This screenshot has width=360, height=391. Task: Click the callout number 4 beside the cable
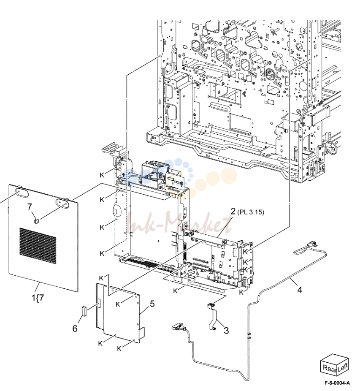pos(299,290)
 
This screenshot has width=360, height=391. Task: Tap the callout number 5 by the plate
pos(152,304)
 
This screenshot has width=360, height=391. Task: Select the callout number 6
pos(75,329)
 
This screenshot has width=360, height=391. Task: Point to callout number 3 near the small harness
pos(226,330)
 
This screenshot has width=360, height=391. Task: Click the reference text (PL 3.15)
pos(250,212)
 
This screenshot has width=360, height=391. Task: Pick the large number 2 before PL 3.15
pos(233,212)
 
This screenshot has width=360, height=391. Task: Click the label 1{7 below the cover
pos(38,298)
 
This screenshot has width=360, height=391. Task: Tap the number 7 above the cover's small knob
pos(30,207)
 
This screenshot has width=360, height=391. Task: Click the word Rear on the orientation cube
pos(330,368)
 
